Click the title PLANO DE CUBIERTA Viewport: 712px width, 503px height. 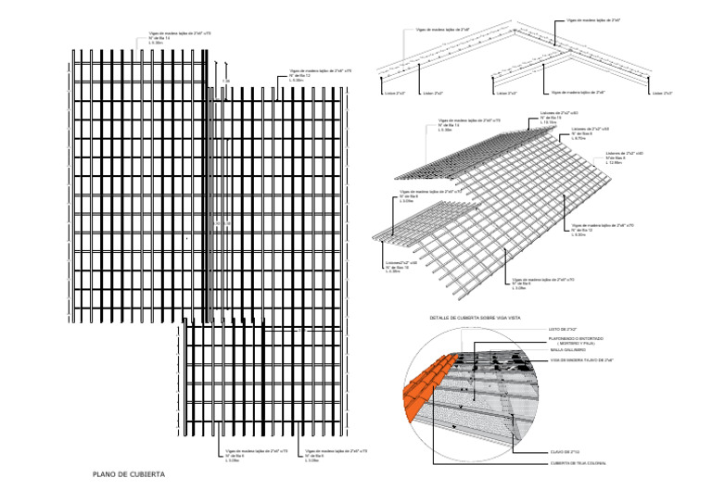[x=129, y=475]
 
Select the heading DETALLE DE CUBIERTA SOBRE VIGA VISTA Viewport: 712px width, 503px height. [x=477, y=318]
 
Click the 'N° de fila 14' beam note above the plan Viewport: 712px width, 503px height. [x=162, y=38]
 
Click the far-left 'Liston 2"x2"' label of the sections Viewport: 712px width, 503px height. [x=395, y=93]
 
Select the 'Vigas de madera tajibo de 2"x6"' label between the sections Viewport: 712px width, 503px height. [x=578, y=93]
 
